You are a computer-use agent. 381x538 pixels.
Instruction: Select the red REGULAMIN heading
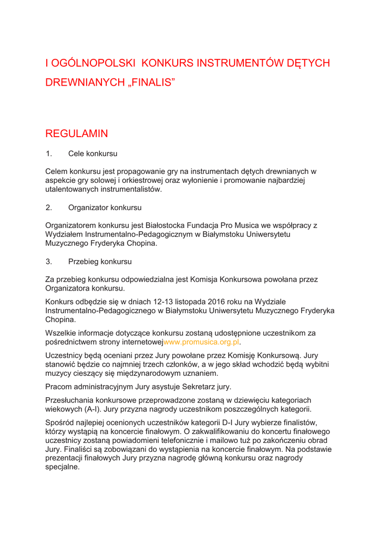point(77,133)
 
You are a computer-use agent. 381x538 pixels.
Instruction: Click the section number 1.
point(49,154)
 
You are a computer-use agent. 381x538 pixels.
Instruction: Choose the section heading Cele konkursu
point(92,154)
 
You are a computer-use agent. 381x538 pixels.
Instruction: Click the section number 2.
point(49,208)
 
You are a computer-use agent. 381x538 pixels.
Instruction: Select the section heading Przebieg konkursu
point(100,261)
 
